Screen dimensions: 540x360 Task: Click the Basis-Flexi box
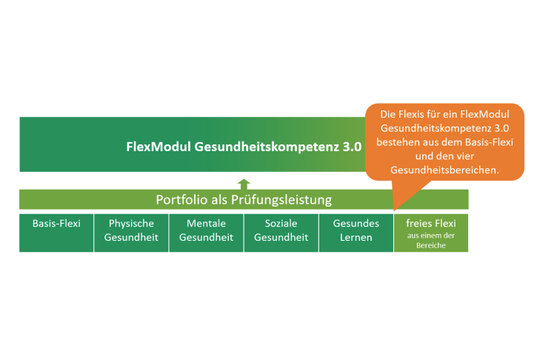pos(56,233)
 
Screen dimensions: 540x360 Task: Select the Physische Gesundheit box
pos(131,233)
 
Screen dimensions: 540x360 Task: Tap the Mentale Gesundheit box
pos(206,233)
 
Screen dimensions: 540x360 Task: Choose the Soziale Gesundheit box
pos(281,233)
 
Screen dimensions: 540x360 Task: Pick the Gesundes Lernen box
pos(356,233)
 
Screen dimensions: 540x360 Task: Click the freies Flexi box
pos(431,233)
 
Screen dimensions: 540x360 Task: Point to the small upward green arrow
pos(244,184)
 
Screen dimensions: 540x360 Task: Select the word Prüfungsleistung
pos(281,200)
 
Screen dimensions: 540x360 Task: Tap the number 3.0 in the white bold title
pos(352,147)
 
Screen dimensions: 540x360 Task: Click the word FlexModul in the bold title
pos(159,147)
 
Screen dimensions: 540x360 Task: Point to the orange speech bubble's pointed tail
pos(395,210)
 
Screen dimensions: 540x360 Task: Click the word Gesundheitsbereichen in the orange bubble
pos(444,170)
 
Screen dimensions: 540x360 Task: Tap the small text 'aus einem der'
pos(431,236)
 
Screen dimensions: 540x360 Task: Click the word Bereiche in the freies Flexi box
pos(431,245)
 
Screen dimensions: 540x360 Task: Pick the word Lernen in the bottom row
pos(356,237)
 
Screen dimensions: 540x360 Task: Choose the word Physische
pos(131,224)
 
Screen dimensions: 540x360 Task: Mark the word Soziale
pos(281,223)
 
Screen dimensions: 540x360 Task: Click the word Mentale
pos(206,223)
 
